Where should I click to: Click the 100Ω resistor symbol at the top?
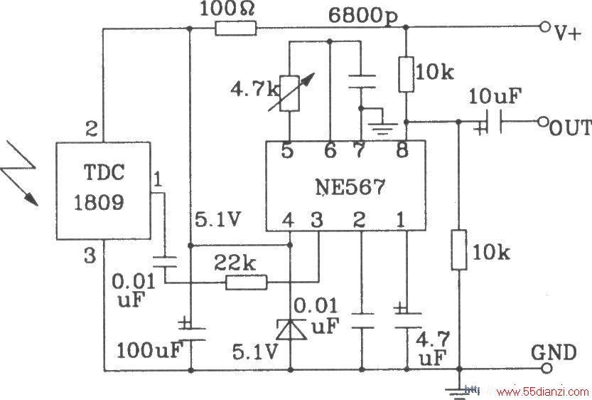point(236,28)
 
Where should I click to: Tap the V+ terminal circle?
point(544,27)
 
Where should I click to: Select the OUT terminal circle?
point(543,122)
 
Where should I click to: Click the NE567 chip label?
point(350,186)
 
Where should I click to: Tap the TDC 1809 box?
point(104,191)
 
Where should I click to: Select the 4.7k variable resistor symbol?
point(290,93)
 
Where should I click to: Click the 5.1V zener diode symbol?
point(291,330)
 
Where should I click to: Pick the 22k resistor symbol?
point(246,283)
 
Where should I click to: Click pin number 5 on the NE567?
point(287,151)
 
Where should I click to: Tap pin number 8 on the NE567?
point(402,150)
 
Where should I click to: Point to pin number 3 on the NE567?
point(316,219)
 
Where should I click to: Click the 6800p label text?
point(363,16)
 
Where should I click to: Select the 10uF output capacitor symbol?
point(490,122)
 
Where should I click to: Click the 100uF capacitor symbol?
point(191,333)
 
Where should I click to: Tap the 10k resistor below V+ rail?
point(407,74)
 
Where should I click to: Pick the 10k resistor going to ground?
point(459,250)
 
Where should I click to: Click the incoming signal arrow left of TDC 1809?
point(19,174)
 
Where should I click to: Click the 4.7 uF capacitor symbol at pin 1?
point(407,320)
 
